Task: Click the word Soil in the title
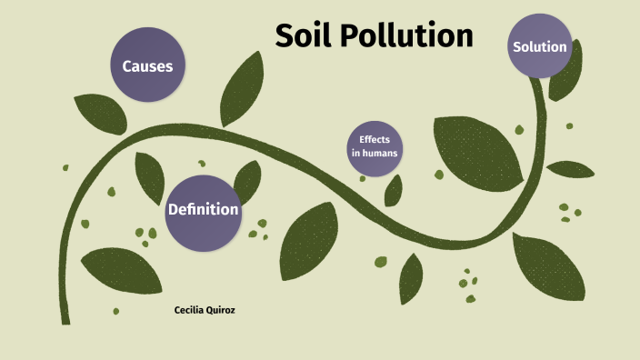pyautogui.click(x=305, y=35)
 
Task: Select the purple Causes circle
pyautogui.click(x=147, y=65)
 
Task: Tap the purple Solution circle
pyautogui.click(x=540, y=46)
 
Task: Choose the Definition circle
pyautogui.click(x=203, y=210)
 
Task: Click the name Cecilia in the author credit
pyautogui.click(x=191, y=310)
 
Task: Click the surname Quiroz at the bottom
pyautogui.click(x=229, y=310)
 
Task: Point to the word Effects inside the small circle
pyautogui.click(x=374, y=139)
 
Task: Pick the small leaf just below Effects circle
pyautogui.click(x=394, y=190)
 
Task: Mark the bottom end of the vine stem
pyautogui.click(x=65, y=319)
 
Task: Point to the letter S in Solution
pyautogui.click(x=517, y=46)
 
